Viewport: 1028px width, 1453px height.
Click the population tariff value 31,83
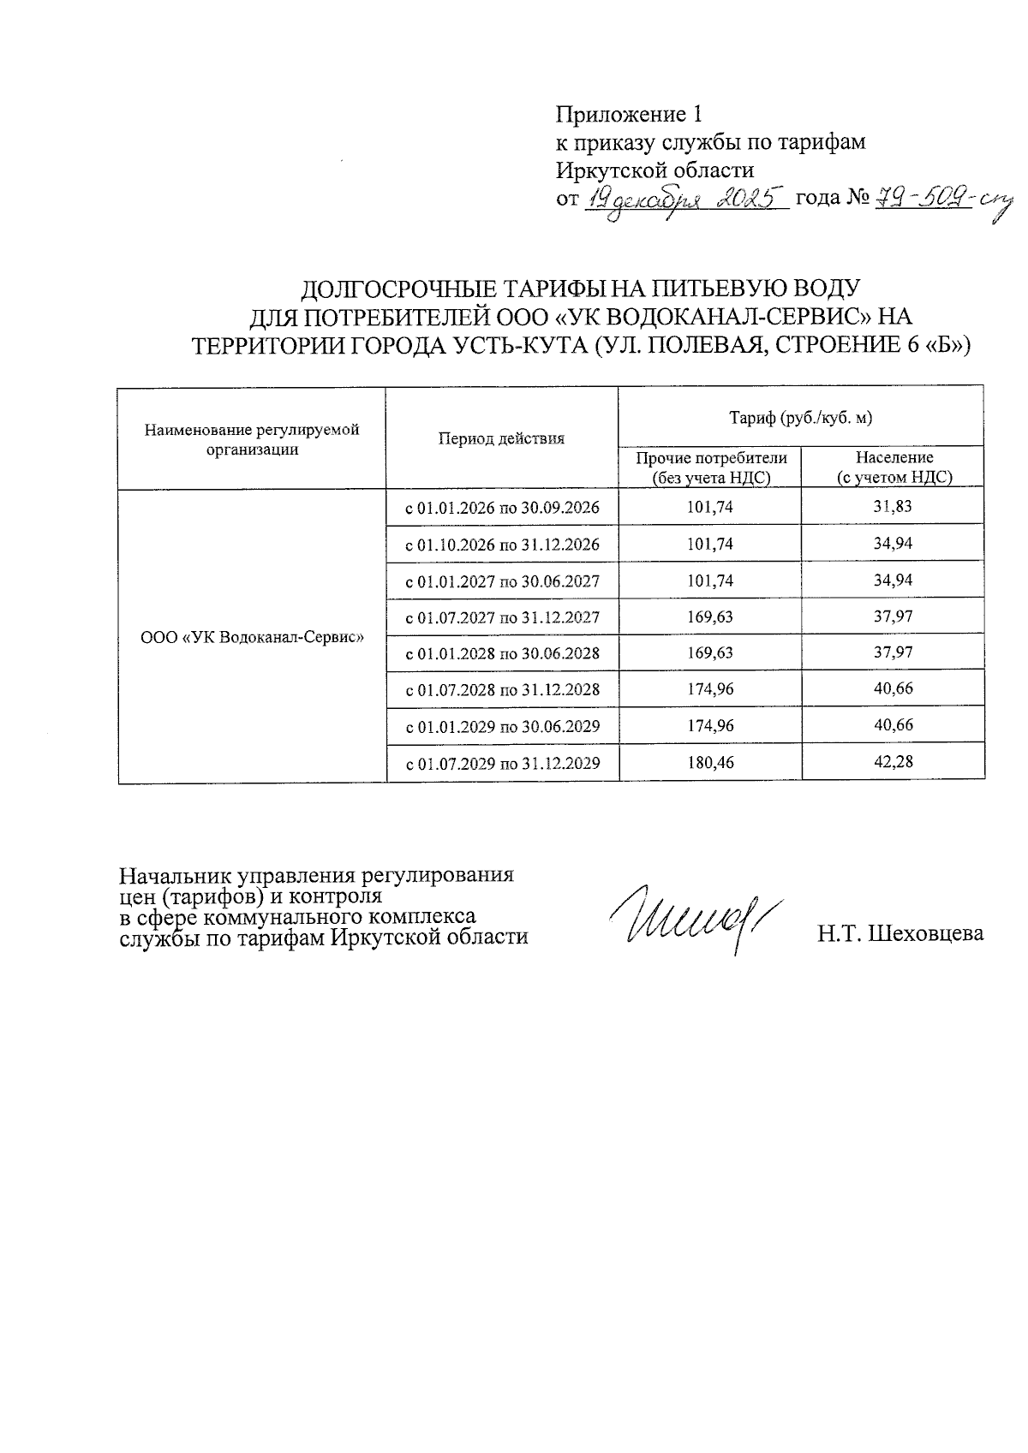pyautogui.click(x=892, y=507)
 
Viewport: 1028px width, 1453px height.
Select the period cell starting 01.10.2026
pyautogui.click(x=502, y=545)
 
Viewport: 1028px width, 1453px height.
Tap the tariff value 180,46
pyautogui.click(x=710, y=762)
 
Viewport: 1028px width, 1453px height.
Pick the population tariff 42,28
pyautogui.click(x=892, y=761)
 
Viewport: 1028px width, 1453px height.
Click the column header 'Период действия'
pyautogui.click(x=502, y=438)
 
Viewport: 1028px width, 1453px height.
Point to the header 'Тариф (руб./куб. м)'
pyautogui.click(x=800, y=418)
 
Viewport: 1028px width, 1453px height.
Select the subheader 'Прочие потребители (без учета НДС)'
pyautogui.click(x=710, y=468)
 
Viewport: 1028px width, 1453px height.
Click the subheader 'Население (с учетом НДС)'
pyautogui.click(x=894, y=468)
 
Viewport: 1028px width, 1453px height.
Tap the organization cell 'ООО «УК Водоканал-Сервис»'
pyautogui.click(x=252, y=637)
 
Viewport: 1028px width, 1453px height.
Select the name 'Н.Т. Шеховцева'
pyautogui.click(x=899, y=934)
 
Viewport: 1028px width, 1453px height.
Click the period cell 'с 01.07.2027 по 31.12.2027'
pyautogui.click(x=502, y=617)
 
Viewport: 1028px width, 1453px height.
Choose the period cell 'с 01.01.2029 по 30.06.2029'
pyautogui.click(x=502, y=726)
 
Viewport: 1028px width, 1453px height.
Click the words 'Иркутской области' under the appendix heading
pyautogui.click(x=655, y=170)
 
